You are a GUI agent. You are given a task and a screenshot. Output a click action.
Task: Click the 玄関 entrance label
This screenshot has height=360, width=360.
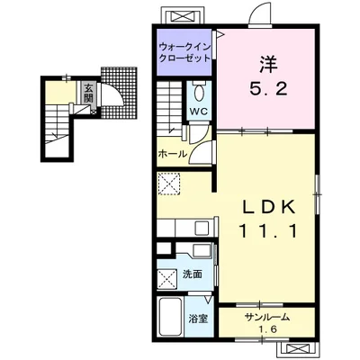(88, 93)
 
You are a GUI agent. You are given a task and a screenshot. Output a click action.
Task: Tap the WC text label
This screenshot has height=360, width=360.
(198, 112)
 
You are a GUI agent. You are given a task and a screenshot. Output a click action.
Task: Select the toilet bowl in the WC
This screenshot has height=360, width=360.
(199, 92)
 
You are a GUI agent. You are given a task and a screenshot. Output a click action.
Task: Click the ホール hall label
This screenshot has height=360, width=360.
(173, 155)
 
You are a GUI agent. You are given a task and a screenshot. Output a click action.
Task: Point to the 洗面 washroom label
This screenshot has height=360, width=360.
(193, 274)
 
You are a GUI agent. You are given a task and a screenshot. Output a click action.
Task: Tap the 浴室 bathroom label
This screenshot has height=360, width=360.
(198, 319)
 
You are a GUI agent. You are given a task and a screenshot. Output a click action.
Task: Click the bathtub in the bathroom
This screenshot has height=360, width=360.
(170, 317)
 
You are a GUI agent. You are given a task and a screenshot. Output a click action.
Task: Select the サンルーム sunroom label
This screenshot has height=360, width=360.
(267, 317)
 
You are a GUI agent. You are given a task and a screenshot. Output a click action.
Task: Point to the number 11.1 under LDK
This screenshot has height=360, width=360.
(268, 231)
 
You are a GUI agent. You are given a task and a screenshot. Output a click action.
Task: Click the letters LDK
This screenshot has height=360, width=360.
(268, 207)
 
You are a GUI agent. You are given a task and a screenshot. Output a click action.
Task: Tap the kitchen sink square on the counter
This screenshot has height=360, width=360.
(202, 229)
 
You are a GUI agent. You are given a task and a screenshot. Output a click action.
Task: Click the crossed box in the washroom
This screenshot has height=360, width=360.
(167, 278)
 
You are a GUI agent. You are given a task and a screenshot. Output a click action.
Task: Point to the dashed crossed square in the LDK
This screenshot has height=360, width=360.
(169, 184)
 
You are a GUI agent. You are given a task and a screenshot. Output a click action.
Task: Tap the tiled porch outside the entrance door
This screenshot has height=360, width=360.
(120, 93)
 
